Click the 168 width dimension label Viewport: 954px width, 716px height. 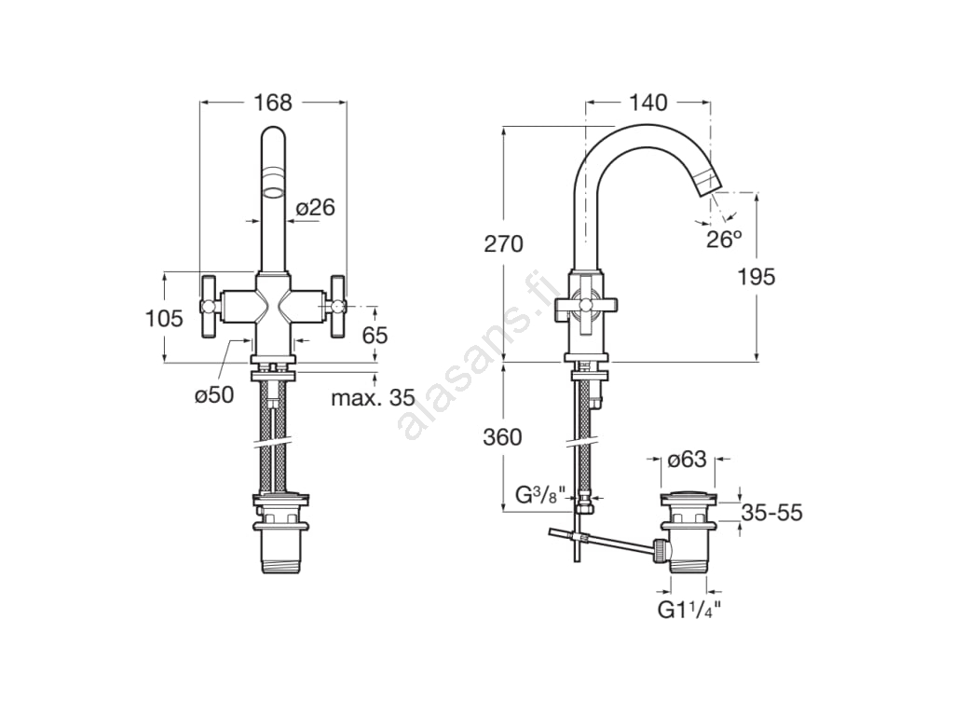[273, 103]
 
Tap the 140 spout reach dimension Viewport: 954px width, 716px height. [648, 103]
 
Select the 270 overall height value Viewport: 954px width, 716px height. [504, 243]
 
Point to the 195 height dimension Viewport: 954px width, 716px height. [756, 277]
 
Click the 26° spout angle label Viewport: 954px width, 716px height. [724, 240]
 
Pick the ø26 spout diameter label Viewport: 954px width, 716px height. [315, 208]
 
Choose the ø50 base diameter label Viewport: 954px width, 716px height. [214, 394]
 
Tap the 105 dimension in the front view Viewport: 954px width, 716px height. [164, 318]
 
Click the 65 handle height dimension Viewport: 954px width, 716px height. [375, 335]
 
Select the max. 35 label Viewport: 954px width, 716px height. [373, 398]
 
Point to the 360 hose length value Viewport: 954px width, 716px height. [502, 437]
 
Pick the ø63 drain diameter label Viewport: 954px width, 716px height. [687, 459]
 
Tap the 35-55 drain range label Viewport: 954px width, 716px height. [772, 513]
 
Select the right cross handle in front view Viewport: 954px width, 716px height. [337, 306]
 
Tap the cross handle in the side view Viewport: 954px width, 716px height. [586, 304]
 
